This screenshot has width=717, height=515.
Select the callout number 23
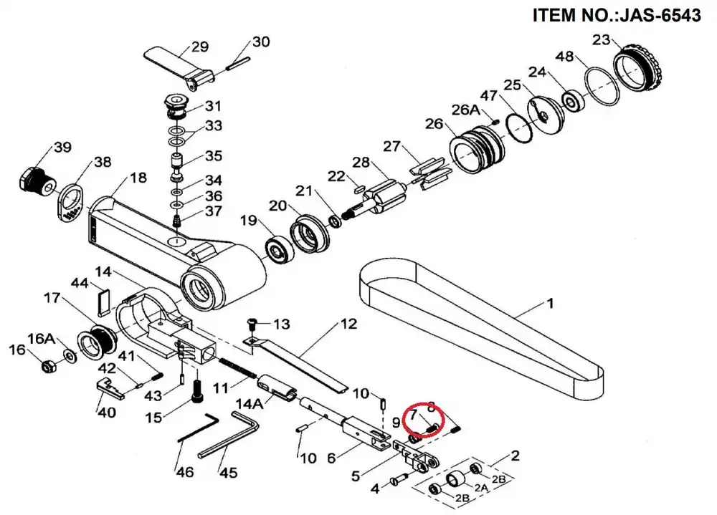(x=601, y=39)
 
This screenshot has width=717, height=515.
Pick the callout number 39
(x=63, y=148)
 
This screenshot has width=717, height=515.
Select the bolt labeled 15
(x=196, y=390)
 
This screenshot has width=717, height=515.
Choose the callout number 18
(x=138, y=178)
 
